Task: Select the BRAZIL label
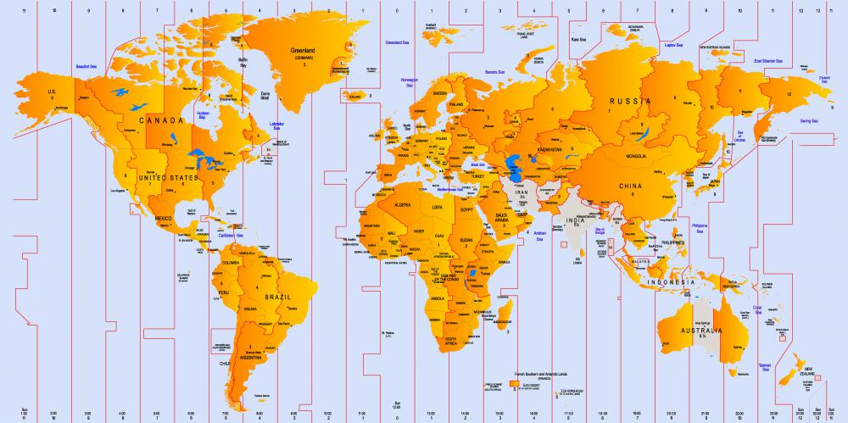[277, 299]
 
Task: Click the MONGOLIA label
[637, 156]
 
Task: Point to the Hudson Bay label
[203, 114]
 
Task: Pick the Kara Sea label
[580, 39]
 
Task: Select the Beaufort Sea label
[86, 65]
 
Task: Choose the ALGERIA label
[402, 204]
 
